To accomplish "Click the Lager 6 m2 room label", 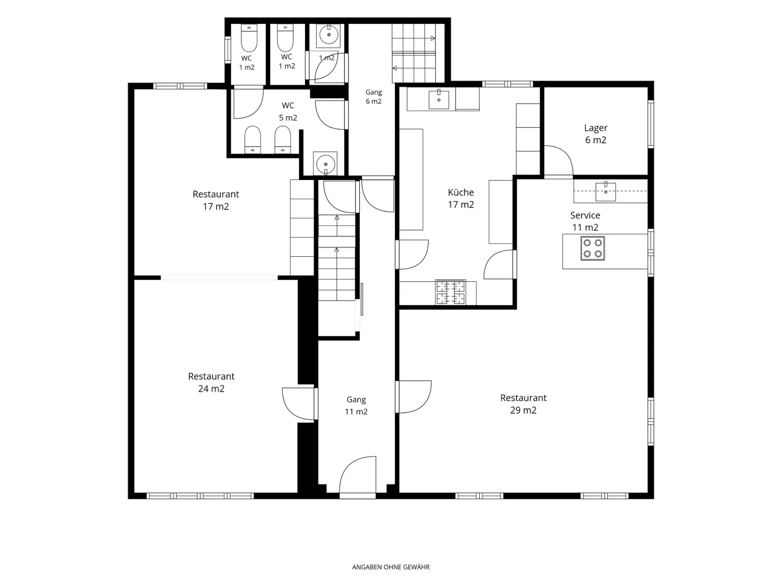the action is tap(595, 134).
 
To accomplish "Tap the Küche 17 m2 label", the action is tap(461, 199).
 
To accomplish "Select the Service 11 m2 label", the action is tap(585, 221).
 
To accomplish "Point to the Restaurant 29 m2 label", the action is tap(523, 404).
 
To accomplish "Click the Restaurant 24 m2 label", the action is tap(211, 383).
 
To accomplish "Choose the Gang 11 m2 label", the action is tap(356, 406).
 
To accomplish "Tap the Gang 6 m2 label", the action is tap(373, 96).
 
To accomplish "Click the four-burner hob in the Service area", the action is tap(592, 248).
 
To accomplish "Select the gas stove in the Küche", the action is tap(450, 293).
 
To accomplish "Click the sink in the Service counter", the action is tap(606, 191).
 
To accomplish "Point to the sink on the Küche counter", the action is tap(438, 99).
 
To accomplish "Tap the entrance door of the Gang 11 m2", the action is tap(358, 476).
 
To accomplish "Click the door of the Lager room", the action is tap(558, 161).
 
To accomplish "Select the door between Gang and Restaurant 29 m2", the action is tap(413, 397).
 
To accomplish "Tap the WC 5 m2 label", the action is tap(288, 112).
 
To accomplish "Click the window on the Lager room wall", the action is tap(651, 124).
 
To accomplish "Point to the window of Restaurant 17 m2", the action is tap(180, 86).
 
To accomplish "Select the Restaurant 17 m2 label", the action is tap(216, 200).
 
